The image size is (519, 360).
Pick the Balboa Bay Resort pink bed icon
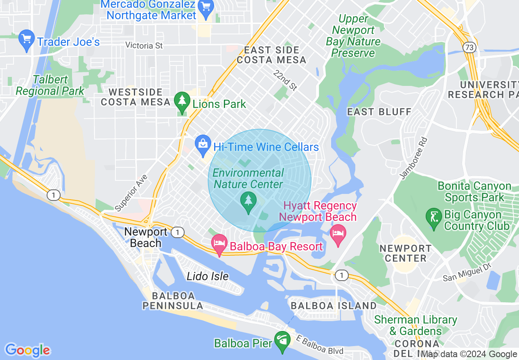[219, 245]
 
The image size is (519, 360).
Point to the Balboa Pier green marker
[282, 342]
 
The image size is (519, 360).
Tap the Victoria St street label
[144, 45]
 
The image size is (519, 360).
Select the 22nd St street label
[285, 80]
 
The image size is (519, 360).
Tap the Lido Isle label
[208, 276]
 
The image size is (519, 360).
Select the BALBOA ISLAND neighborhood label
[333, 306]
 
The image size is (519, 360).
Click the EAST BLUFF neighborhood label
[379, 112]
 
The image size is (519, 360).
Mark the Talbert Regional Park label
[50, 85]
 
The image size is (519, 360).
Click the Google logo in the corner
[27, 350]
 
